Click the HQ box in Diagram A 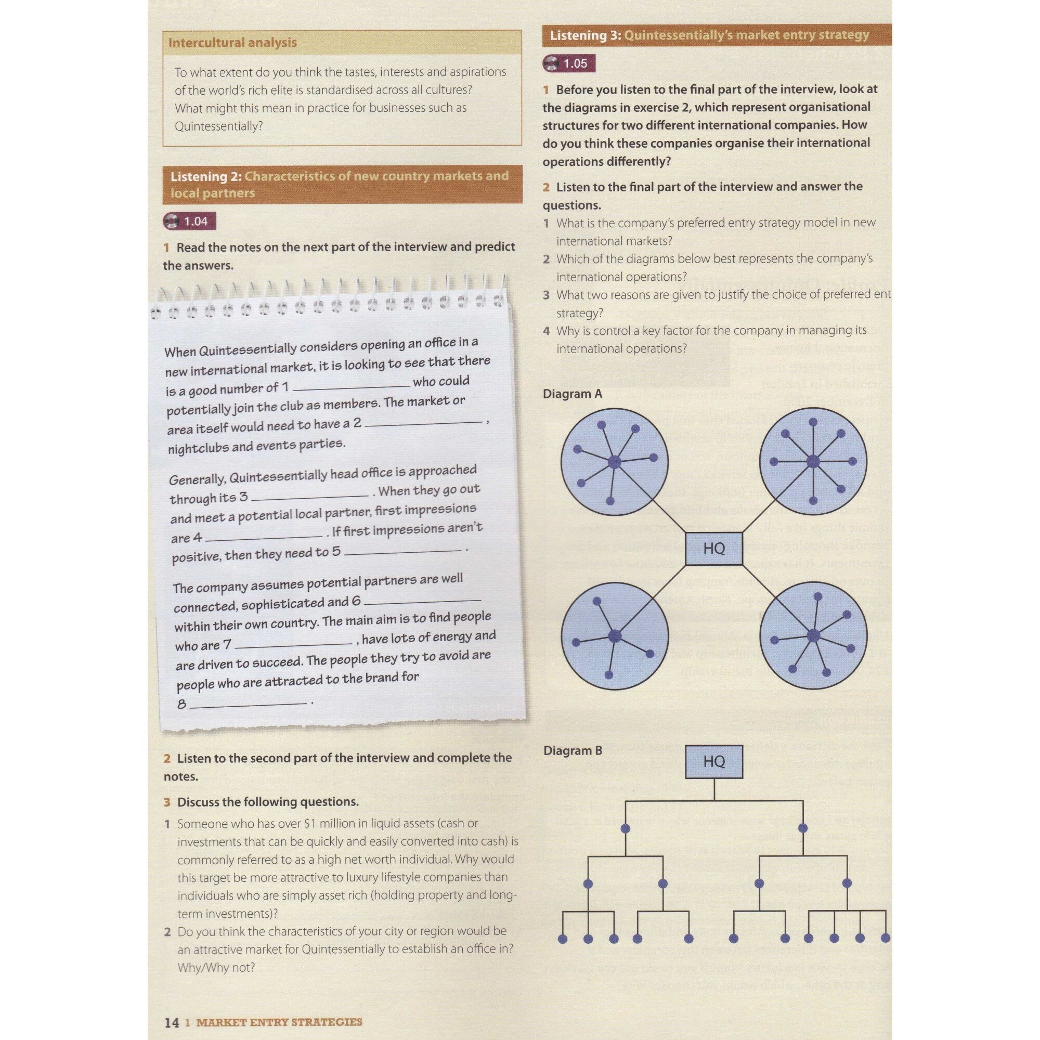click(714, 549)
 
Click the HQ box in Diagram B click(714, 761)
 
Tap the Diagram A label click(571, 394)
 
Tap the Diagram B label click(572, 750)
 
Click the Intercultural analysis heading click(232, 43)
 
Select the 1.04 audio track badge click(189, 221)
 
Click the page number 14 click(171, 1022)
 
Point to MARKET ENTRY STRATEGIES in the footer click(279, 1022)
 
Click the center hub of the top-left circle click(614, 462)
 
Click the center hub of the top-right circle click(813, 461)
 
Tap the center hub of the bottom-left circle click(614, 636)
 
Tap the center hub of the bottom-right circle click(813, 636)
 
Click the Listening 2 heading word click(198, 177)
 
